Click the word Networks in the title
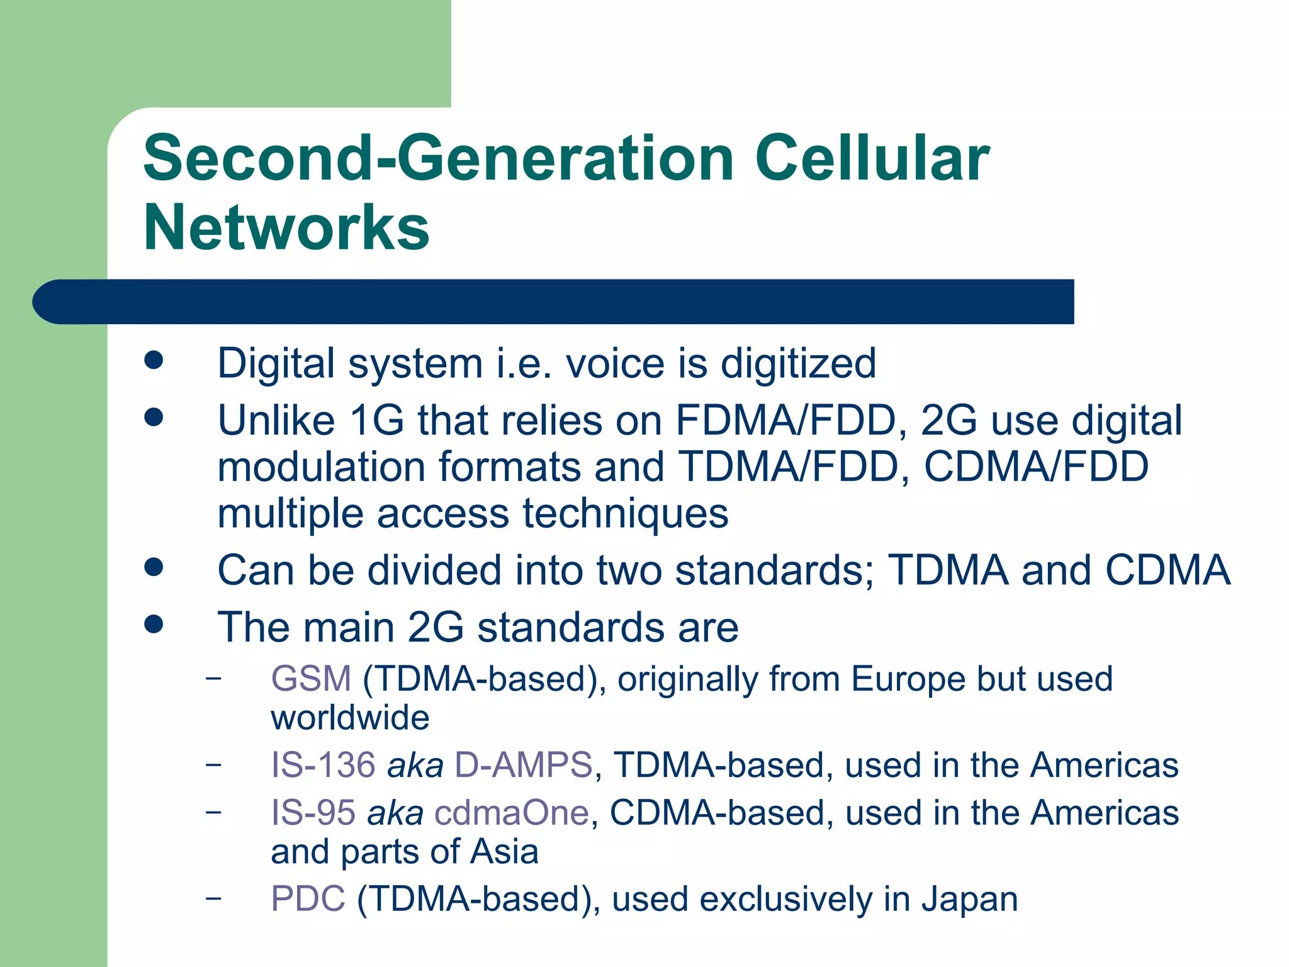(286, 228)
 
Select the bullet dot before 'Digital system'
(154, 360)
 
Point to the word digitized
(797, 364)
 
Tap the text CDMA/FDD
(1035, 467)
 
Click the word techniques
(626, 514)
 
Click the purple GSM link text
(310, 679)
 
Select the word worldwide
(350, 718)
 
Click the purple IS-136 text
(323, 766)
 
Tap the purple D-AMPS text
(523, 766)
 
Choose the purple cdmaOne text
(511, 813)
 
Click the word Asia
(504, 852)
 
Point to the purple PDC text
(308, 899)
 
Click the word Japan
(969, 899)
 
